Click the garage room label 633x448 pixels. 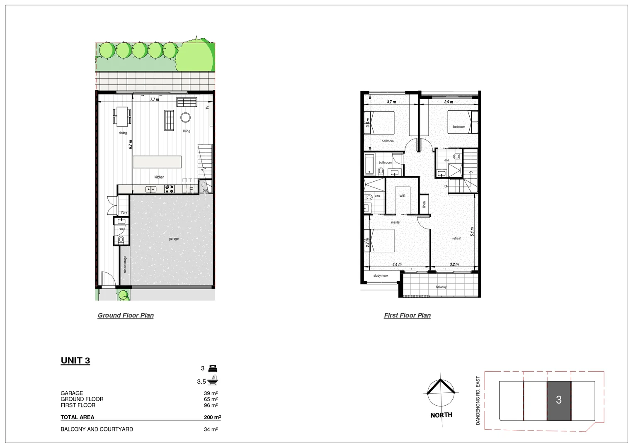(x=174, y=239)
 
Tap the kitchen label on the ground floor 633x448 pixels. (x=159, y=177)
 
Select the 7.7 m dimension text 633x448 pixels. (x=154, y=100)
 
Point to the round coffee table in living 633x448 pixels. (x=185, y=117)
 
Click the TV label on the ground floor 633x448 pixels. (x=207, y=107)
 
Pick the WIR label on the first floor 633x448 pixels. (x=402, y=196)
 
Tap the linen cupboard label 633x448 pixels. (x=424, y=205)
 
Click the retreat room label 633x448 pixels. (x=456, y=239)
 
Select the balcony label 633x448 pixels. (x=441, y=287)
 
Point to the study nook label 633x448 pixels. (x=381, y=275)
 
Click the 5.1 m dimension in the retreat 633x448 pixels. (x=472, y=231)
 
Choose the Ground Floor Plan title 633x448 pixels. (x=126, y=315)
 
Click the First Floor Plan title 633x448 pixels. (x=407, y=315)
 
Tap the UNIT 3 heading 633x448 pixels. (x=75, y=360)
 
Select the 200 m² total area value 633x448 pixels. (x=212, y=417)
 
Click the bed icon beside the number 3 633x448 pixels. (x=213, y=368)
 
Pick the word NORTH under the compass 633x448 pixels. (x=441, y=415)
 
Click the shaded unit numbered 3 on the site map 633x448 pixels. (x=559, y=400)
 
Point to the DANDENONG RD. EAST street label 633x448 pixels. (x=478, y=401)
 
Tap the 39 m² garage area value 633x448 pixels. (x=211, y=393)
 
